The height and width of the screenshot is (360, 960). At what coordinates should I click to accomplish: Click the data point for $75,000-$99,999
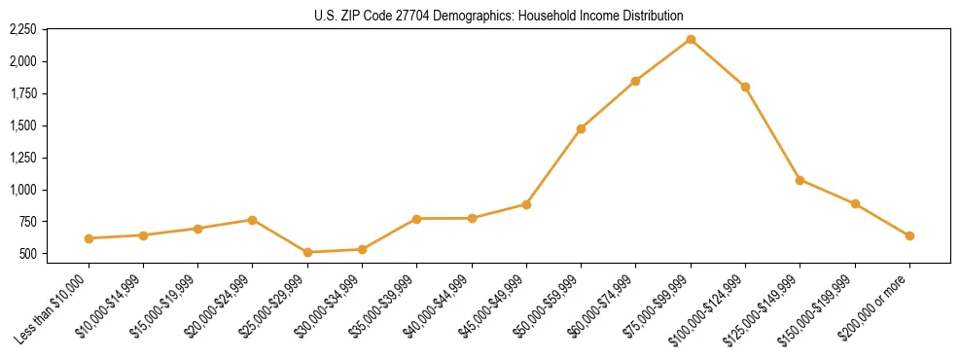click(691, 39)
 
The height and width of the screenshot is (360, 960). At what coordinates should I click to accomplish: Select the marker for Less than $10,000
click(89, 238)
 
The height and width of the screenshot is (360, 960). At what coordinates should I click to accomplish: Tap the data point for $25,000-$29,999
click(307, 252)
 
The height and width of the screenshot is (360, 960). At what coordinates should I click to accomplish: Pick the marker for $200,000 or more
click(909, 235)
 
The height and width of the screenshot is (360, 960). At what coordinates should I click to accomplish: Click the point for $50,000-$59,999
click(581, 128)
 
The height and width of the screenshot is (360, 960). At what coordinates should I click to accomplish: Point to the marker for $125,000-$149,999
click(800, 180)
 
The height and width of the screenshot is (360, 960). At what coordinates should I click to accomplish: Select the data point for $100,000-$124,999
click(745, 87)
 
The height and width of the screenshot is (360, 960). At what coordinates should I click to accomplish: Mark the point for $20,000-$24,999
click(253, 220)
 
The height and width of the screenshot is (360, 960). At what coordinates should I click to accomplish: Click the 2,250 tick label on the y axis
click(22, 30)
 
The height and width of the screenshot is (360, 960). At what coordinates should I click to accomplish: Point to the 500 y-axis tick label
click(28, 254)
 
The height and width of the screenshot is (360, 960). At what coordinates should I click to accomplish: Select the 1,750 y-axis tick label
click(22, 93)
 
